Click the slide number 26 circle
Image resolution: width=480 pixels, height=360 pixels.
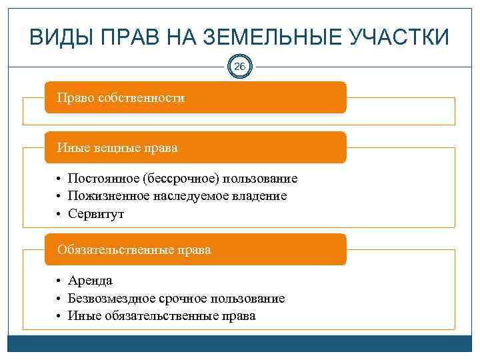pos(240,67)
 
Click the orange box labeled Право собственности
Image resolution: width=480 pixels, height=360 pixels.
pos(195,98)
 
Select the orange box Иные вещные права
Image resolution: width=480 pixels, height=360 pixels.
pos(195,147)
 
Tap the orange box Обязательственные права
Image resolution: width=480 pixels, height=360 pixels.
pos(195,250)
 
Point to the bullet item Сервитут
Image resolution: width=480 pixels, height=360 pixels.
pos(96,214)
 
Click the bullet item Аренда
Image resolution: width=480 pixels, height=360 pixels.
pos(90,281)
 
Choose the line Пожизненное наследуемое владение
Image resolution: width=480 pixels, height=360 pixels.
pos(177,196)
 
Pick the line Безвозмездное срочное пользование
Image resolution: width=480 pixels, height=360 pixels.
pos(176,299)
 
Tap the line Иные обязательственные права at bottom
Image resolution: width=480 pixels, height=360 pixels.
pos(161,316)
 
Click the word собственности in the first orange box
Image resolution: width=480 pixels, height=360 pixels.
pos(141,98)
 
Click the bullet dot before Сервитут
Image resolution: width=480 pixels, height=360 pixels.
pos(59,215)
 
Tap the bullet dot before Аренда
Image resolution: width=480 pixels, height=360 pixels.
pos(59,281)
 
